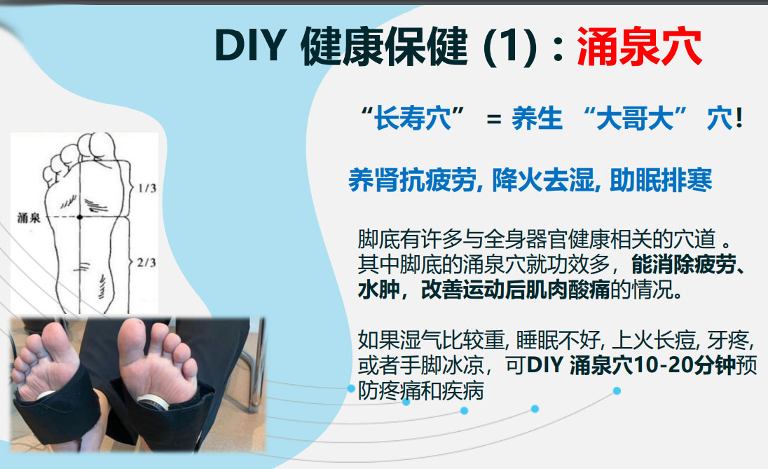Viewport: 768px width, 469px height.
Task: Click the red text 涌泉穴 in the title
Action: coord(639,48)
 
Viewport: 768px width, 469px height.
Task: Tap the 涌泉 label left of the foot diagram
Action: coord(29,218)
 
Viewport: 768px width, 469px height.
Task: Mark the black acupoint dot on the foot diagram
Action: coord(80,218)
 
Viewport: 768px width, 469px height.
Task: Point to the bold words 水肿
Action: coord(375,291)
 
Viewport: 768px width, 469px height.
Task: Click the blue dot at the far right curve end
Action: coord(617,390)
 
